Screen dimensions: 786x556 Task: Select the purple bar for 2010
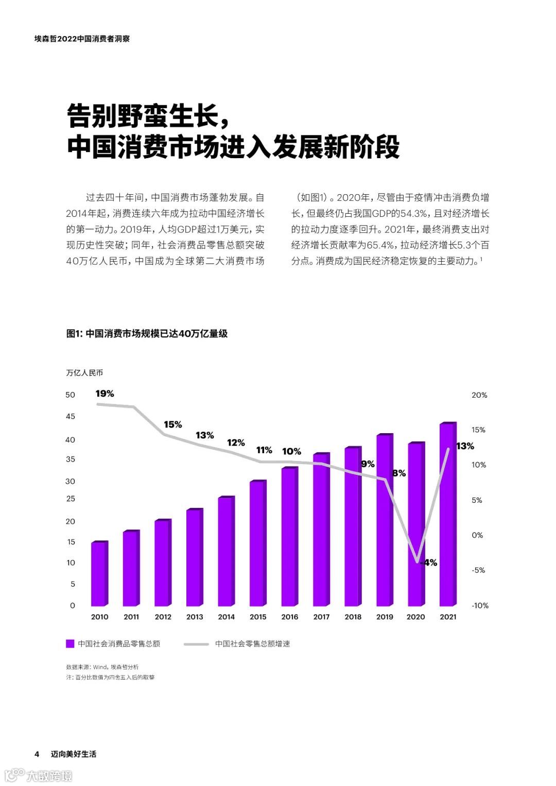99,574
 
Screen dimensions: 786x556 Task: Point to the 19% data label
105,394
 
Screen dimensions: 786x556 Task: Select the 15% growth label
173,424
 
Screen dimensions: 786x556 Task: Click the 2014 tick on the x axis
226,617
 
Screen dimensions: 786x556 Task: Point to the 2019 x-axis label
385,617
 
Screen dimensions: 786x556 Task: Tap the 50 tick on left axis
71,395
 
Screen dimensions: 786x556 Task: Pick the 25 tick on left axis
71,499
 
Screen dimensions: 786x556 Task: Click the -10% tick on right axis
479,605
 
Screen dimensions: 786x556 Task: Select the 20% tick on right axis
479,395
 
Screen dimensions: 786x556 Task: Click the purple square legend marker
71,643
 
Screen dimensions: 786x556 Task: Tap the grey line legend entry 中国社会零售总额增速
252,643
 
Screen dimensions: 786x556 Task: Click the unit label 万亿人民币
84,372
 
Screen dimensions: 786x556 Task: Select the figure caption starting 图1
147,333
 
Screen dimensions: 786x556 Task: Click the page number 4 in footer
37,754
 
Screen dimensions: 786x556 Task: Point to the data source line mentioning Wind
102,667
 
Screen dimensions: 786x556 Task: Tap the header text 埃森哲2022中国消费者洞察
82,39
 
